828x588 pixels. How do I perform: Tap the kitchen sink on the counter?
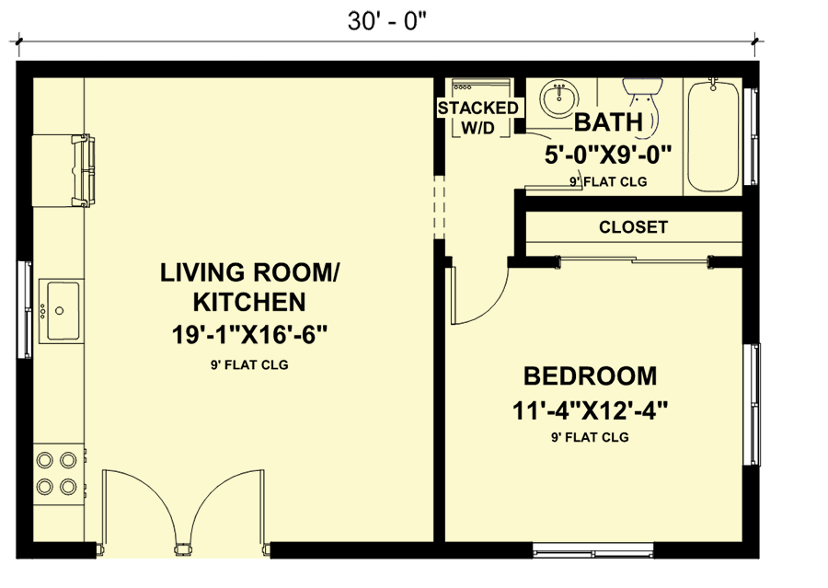click(x=61, y=311)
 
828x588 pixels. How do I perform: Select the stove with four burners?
click(x=56, y=472)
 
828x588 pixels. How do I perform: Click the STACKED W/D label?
click(x=477, y=118)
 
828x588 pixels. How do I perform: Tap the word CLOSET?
click(x=633, y=227)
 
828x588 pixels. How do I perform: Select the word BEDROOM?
click(x=590, y=375)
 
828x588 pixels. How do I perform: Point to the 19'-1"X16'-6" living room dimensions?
click(x=250, y=333)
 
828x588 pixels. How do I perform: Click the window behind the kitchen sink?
click(x=25, y=310)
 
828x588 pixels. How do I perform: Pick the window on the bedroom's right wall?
click(x=752, y=404)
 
